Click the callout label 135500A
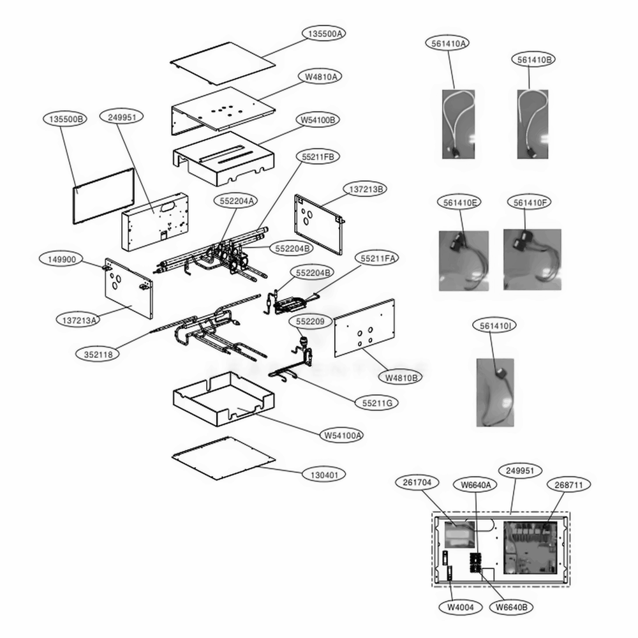[x=324, y=33]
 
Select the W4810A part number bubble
[x=320, y=77]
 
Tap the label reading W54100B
[x=318, y=120]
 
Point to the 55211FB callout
[x=318, y=157]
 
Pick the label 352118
[x=98, y=354]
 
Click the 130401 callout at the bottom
[x=324, y=475]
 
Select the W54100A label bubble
[x=342, y=435]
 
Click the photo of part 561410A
[x=459, y=124]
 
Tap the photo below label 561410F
[x=532, y=260]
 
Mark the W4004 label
[x=461, y=607]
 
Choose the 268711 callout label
[x=568, y=485]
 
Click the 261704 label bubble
[x=417, y=482]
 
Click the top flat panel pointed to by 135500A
[x=223, y=63]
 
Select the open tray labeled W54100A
[x=223, y=399]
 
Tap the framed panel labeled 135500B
[x=104, y=196]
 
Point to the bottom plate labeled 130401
[x=223, y=459]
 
